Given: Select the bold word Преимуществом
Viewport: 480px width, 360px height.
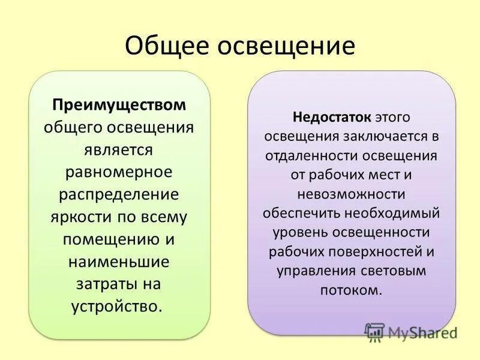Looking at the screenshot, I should [119, 104].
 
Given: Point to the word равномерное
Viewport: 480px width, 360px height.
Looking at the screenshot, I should [119, 172].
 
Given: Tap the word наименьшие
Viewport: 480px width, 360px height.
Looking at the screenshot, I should [119, 261].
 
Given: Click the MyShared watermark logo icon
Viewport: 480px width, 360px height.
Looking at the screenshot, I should [375, 331].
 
